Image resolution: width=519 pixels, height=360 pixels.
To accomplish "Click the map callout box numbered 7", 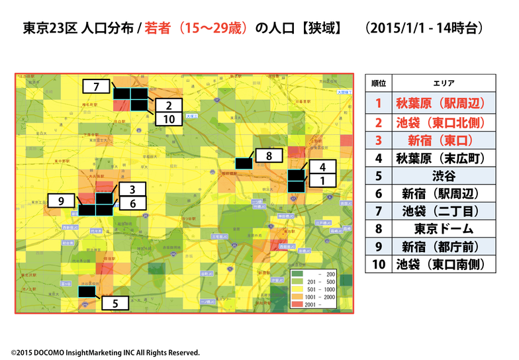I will click(x=97, y=87).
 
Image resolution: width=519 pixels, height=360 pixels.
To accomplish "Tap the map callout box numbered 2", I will click(x=169, y=105).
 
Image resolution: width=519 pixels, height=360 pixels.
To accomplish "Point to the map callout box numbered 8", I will click(x=269, y=156).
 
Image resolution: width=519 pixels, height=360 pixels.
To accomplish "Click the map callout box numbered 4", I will click(x=322, y=167).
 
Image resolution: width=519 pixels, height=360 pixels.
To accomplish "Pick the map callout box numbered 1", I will click(x=322, y=180).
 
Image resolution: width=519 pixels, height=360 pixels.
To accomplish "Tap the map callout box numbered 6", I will click(x=132, y=204).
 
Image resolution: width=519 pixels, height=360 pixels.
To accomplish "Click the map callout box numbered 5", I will click(x=116, y=304).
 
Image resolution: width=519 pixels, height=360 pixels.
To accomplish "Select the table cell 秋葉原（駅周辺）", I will click(x=440, y=103).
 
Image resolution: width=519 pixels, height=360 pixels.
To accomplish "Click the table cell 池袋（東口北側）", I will click(x=440, y=122).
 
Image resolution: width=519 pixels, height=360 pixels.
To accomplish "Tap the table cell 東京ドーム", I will click(x=440, y=229).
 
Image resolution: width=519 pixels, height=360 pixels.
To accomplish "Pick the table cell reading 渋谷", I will click(x=440, y=176).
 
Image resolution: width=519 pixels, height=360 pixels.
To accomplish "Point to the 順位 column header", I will click(x=379, y=83).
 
